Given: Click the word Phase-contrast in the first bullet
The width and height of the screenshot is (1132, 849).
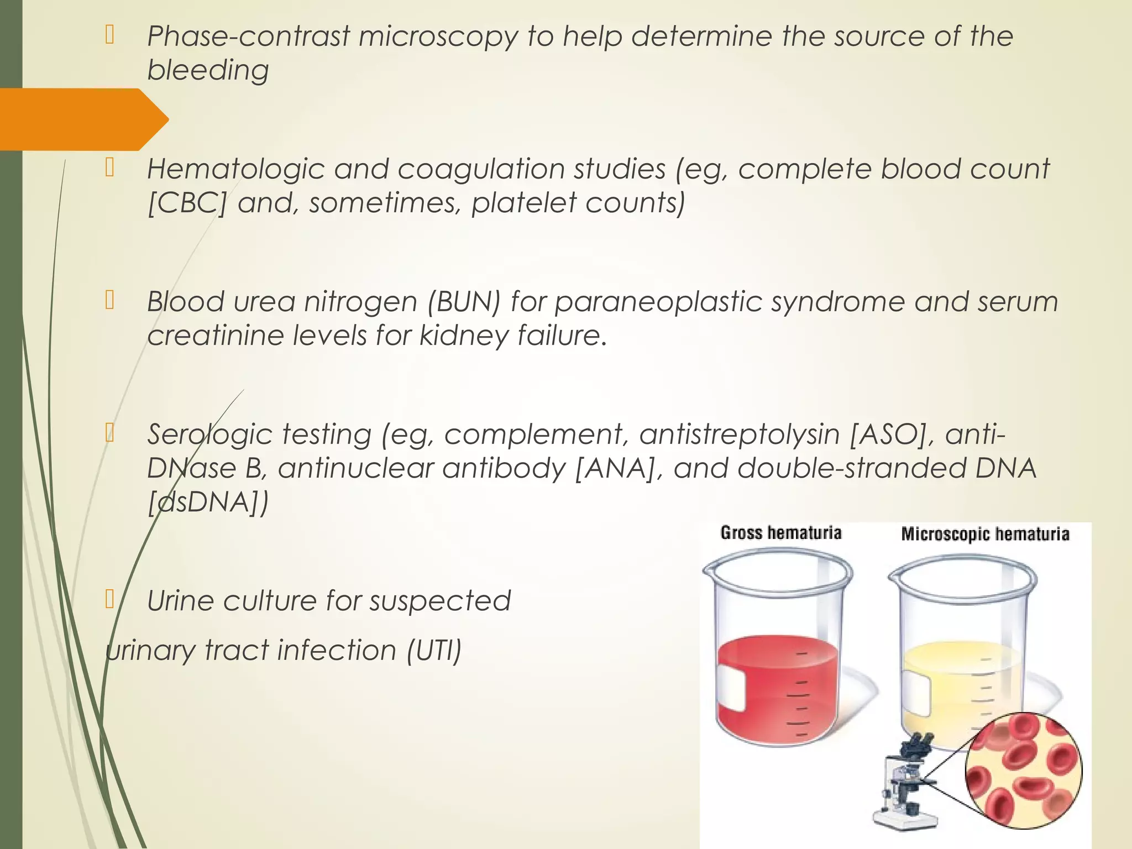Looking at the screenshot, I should pyautogui.click(x=248, y=36).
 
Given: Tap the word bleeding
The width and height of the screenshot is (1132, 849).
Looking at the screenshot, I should pyautogui.click(x=208, y=71).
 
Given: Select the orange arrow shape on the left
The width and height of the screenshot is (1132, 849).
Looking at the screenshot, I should pyautogui.click(x=83, y=119).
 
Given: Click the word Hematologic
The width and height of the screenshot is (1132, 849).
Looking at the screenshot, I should pyautogui.click(x=235, y=169).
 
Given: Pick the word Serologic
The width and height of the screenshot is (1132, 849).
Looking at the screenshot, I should pyautogui.click(x=209, y=434).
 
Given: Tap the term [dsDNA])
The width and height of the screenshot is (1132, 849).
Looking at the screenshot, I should pyautogui.click(x=208, y=502).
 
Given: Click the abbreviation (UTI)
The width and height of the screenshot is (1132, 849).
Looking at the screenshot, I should pyautogui.click(x=434, y=650).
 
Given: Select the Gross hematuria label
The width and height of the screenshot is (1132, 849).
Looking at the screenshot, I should pyautogui.click(x=780, y=533).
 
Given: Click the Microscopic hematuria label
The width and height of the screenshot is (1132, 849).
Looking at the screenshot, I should pyautogui.click(x=985, y=534).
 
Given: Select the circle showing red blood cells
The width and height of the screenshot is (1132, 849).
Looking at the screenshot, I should pyautogui.click(x=1024, y=771).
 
